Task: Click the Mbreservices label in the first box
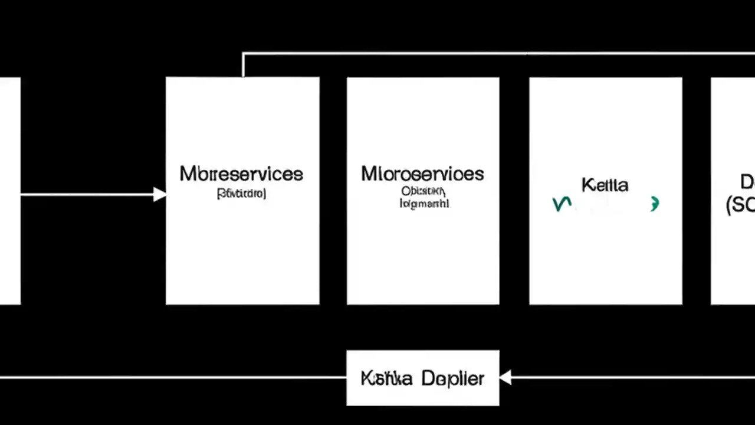point(241,174)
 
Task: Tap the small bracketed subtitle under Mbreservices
point(241,194)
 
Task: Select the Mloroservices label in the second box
point(422,174)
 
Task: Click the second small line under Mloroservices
point(424,204)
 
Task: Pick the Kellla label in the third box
point(605,185)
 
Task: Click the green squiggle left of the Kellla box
point(562,204)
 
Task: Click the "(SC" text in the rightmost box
point(740,205)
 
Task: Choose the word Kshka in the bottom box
point(386,378)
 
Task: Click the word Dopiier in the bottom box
point(453,378)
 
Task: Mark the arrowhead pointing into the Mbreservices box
point(159,194)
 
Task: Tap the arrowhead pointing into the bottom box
point(505,377)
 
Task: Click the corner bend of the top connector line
point(243,54)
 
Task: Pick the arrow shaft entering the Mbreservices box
point(88,194)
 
